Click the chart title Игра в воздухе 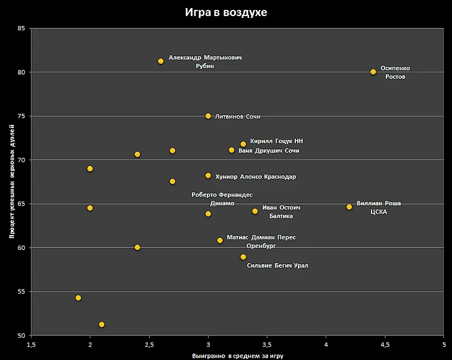pos(226,12)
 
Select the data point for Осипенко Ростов pos(373,72)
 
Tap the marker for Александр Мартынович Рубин pos(161,61)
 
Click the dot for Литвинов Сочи pos(208,116)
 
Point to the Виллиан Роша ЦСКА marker pos(349,207)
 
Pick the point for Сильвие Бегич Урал pos(243,257)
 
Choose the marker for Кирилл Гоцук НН pos(243,144)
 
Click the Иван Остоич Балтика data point pos(254,211)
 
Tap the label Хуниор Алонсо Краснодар pos(255,177)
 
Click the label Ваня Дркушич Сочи pos(269,151)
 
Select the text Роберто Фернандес pos(222,195)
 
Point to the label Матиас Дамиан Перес pos(261,238)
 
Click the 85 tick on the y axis pos(22,28)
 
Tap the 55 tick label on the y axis pos(22,291)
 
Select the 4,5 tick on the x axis pos(385,344)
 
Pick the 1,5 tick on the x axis pos(32,344)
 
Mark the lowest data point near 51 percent pos(102,324)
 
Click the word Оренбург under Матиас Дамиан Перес pos(261,246)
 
